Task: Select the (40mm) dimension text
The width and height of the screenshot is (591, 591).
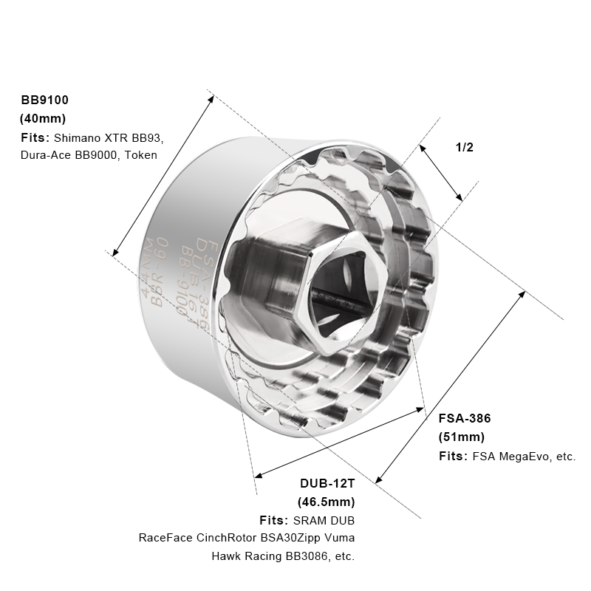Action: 42,118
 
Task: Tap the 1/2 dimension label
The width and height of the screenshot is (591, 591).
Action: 464,147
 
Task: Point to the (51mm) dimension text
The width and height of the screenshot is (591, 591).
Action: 461,437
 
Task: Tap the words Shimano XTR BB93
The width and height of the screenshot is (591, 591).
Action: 109,137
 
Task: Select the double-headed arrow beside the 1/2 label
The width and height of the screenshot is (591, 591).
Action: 441,172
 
